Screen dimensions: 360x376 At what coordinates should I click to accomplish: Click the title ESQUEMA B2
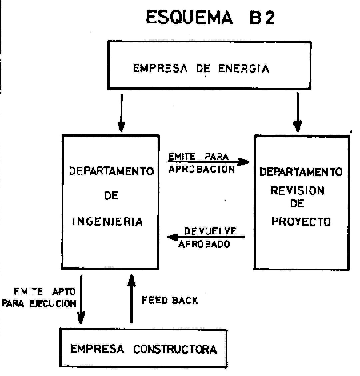click(210, 18)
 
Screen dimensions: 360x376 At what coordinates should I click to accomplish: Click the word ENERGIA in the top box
click(244, 69)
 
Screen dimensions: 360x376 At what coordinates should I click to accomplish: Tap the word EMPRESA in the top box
click(160, 68)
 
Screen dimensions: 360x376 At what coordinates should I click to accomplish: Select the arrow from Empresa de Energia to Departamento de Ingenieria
click(122, 113)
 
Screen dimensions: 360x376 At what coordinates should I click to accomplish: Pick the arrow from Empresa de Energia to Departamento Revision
click(298, 112)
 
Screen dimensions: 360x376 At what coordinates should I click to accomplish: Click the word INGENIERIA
click(107, 222)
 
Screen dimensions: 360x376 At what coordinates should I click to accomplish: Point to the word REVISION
click(298, 190)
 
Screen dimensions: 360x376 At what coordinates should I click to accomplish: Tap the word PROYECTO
click(301, 222)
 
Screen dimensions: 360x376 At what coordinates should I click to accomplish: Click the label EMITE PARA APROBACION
click(202, 162)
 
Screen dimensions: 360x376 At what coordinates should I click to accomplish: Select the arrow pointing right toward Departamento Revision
click(208, 162)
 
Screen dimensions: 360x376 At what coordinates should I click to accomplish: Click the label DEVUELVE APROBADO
click(207, 238)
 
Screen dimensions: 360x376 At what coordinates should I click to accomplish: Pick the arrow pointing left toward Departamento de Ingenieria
click(206, 237)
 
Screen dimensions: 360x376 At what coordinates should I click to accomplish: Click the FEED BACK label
click(170, 300)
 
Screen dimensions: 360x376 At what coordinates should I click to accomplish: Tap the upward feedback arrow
click(131, 299)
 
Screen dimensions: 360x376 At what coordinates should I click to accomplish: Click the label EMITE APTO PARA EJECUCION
click(39, 298)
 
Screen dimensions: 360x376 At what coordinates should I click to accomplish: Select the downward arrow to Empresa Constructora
click(81, 299)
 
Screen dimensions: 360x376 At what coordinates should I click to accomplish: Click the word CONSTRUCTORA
click(175, 349)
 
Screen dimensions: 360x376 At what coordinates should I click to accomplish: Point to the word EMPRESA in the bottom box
click(97, 349)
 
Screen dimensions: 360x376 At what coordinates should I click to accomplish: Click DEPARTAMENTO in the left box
click(111, 171)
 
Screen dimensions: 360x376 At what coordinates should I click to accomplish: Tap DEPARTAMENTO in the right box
click(301, 172)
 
